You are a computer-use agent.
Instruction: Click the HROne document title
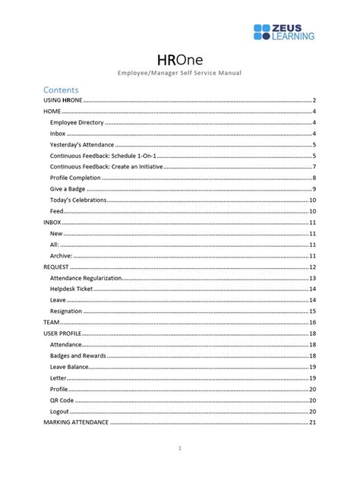point(179,59)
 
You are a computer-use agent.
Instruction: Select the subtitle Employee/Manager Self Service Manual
point(179,74)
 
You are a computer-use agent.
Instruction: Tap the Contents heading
point(62,89)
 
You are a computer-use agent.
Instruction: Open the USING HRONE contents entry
point(62,100)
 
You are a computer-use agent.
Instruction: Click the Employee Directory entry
point(77,122)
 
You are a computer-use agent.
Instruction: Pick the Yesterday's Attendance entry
point(81,144)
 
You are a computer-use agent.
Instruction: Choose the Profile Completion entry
point(75,178)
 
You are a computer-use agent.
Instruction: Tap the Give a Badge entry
point(68,188)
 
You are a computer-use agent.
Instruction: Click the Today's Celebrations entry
point(78,200)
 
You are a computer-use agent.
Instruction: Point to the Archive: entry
point(62,256)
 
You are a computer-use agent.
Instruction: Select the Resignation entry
point(66,311)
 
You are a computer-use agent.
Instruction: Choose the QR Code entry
point(62,399)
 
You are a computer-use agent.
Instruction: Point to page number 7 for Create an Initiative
point(314,166)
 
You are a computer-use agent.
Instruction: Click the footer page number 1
point(179,448)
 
